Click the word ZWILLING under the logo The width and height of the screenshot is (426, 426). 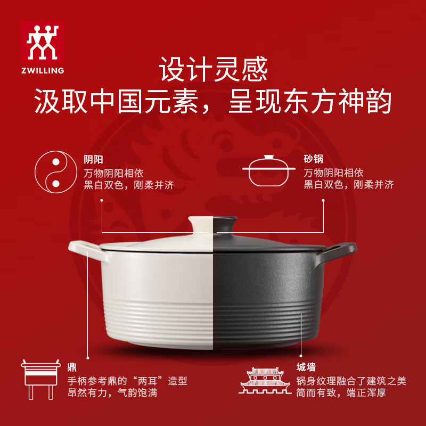click(x=43, y=70)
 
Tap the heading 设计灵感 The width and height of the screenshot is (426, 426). click(x=213, y=70)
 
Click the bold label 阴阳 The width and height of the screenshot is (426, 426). click(x=93, y=159)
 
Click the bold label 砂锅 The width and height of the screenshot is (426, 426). click(x=314, y=159)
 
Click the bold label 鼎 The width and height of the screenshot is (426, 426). click(x=72, y=367)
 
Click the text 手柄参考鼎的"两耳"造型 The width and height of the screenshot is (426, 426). click(x=127, y=381)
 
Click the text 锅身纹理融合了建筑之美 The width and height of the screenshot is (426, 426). click(x=351, y=381)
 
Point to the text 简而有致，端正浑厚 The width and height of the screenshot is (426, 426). click(x=341, y=394)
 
